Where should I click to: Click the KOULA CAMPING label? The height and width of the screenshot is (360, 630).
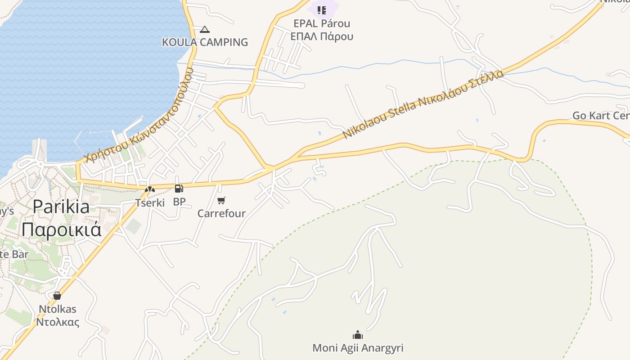point(205,42)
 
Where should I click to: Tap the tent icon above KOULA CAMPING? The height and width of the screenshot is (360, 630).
point(205,30)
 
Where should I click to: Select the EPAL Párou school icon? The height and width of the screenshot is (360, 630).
point(321,10)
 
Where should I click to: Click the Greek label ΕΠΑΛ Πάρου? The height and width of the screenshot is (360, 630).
point(321,36)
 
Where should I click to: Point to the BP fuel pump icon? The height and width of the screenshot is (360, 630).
point(179,189)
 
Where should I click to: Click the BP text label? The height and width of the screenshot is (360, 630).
point(179,202)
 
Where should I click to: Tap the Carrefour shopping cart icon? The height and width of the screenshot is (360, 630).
point(221,200)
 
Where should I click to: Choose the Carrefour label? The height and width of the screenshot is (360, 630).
point(221,213)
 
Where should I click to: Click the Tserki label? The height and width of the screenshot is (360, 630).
point(150,202)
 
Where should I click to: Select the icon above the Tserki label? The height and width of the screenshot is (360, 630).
point(149,190)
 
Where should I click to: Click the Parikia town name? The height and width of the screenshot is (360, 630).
point(61,207)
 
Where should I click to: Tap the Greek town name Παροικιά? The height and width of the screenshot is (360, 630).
point(61,229)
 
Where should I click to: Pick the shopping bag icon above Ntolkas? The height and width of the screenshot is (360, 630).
point(57,296)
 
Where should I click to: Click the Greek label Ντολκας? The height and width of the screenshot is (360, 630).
point(58,322)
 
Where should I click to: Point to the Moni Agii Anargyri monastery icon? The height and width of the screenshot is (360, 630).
point(358,335)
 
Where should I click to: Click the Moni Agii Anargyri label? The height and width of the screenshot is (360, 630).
point(358,348)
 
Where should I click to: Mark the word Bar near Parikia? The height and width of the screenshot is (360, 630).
point(21,254)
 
